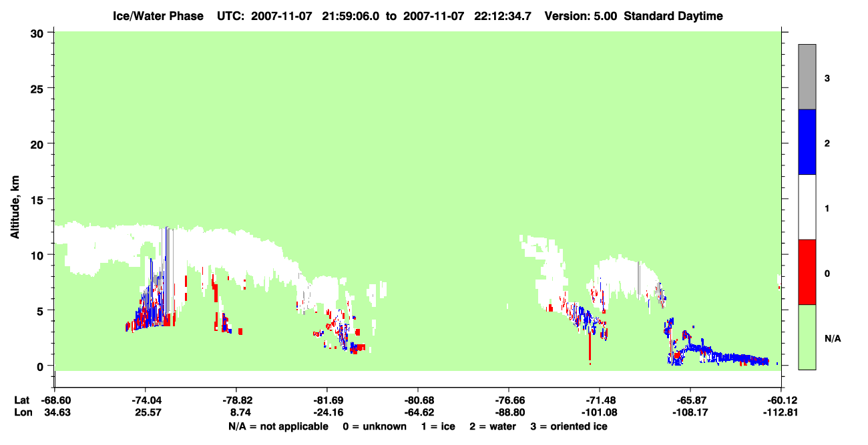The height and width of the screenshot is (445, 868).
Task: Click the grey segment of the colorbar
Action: point(807,77)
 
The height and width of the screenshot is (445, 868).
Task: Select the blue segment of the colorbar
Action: point(807,141)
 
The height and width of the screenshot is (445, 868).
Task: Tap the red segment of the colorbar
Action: point(807,272)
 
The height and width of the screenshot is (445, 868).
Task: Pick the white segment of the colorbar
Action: point(807,207)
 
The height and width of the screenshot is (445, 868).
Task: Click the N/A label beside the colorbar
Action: point(833,339)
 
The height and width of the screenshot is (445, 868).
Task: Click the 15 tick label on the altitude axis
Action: point(37,200)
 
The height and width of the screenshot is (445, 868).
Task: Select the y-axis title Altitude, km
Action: point(15,207)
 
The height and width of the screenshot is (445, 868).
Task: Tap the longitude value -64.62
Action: point(419,412)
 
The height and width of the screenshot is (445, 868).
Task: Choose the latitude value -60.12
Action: point(781,400)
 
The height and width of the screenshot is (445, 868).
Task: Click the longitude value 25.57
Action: point(148,412)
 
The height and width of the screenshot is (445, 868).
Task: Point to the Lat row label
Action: point(21,400)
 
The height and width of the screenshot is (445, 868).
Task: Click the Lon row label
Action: point(23,412)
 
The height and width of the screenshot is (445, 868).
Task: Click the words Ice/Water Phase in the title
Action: point(158,16)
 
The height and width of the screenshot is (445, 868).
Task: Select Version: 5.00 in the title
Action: point(580,16)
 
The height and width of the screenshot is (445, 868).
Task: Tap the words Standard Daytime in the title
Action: point(674,16)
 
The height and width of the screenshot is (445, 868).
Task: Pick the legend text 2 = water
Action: point(493,426)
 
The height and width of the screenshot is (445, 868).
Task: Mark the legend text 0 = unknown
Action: point(375,426)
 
